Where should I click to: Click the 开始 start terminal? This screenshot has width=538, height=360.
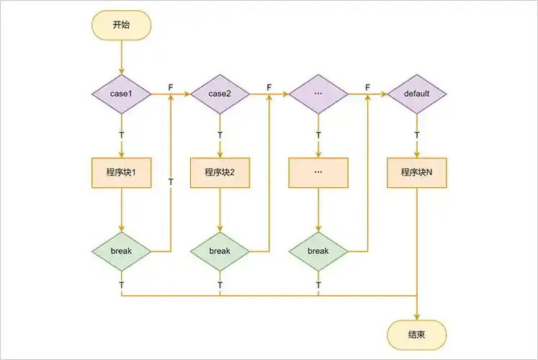click(x=121, y=24)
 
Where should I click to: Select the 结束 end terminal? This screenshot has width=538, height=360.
click(x=417, y=335)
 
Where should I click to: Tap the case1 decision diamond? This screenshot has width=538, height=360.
click(x=121, y=94)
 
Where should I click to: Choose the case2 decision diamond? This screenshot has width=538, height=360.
click(x=220, y=94)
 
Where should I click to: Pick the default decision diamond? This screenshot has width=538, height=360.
click(x=417, y=94)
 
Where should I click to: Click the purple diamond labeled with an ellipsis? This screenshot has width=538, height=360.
click(x=318, y=94)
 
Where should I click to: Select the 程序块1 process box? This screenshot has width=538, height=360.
click(x=121, y=173)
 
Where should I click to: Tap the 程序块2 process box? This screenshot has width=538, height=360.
click(x=220, y=173)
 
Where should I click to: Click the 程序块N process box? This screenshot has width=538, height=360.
click(x=417, y=173)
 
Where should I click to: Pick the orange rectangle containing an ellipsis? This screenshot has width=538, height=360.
click(x=318, y=173)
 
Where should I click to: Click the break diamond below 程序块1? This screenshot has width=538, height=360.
click(x=121, y=251)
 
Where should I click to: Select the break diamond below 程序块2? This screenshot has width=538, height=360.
click(x=220, y=251)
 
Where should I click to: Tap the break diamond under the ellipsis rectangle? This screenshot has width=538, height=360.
click(x=318, y=251)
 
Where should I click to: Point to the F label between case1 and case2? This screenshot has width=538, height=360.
click(x=171, y=87)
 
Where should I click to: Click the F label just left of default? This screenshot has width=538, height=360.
click(x=367, y=87)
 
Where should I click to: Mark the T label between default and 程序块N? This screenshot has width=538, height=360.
click(x=417, y=135)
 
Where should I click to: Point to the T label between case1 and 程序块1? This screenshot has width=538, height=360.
click(x=121, y=135)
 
